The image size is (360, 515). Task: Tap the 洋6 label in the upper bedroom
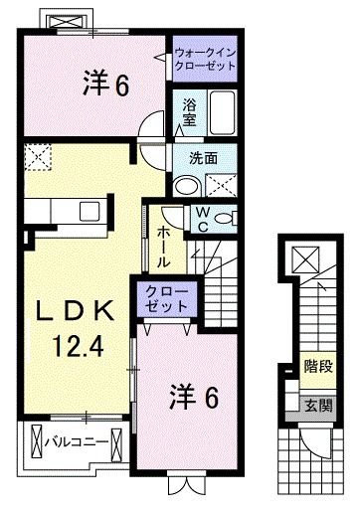(104, 87)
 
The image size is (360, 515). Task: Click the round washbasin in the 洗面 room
(185, 186)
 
